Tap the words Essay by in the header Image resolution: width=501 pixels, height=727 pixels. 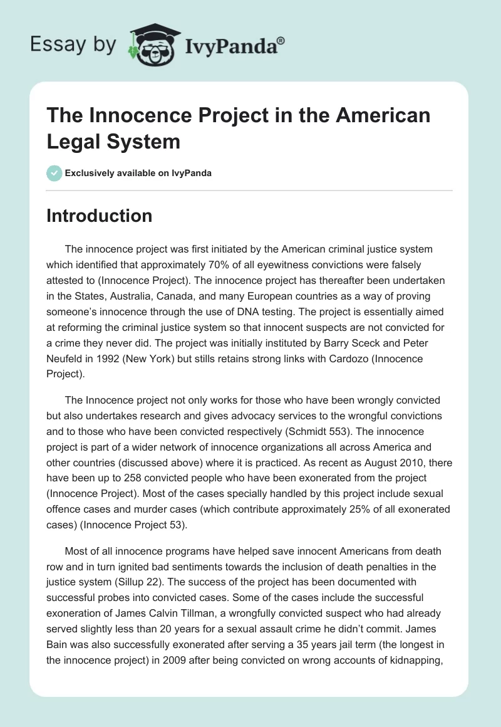pyautogui.click(x=73, y=45)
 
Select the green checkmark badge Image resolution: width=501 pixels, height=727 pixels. pyautogui.click(x=54, y=173)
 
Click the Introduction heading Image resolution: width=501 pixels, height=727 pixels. pyautogui.click(x=100, y=216)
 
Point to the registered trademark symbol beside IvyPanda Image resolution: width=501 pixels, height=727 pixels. pyautogui.click(x=281, y=39)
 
